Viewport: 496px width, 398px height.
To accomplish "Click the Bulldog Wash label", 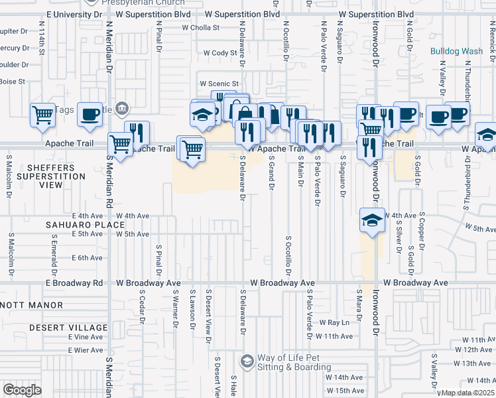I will click(x=456, y=51).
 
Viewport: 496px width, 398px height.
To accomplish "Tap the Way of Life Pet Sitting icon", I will click(x=247, y=361).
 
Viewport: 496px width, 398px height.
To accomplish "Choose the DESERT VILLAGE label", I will click(x=68, y=328).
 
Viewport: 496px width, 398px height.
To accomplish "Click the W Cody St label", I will click(x=220, y=52).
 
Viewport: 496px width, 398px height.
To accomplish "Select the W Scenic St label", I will click(x=219, y=84).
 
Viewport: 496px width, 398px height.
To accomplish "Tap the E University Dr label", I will click(x=76, y=14).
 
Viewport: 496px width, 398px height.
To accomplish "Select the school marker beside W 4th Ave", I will click(x=372, y=220).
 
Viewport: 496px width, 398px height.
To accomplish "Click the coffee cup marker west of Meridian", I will click(x=90, y=114).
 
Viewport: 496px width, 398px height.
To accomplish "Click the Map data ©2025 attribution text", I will click(x=467, y=393).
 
